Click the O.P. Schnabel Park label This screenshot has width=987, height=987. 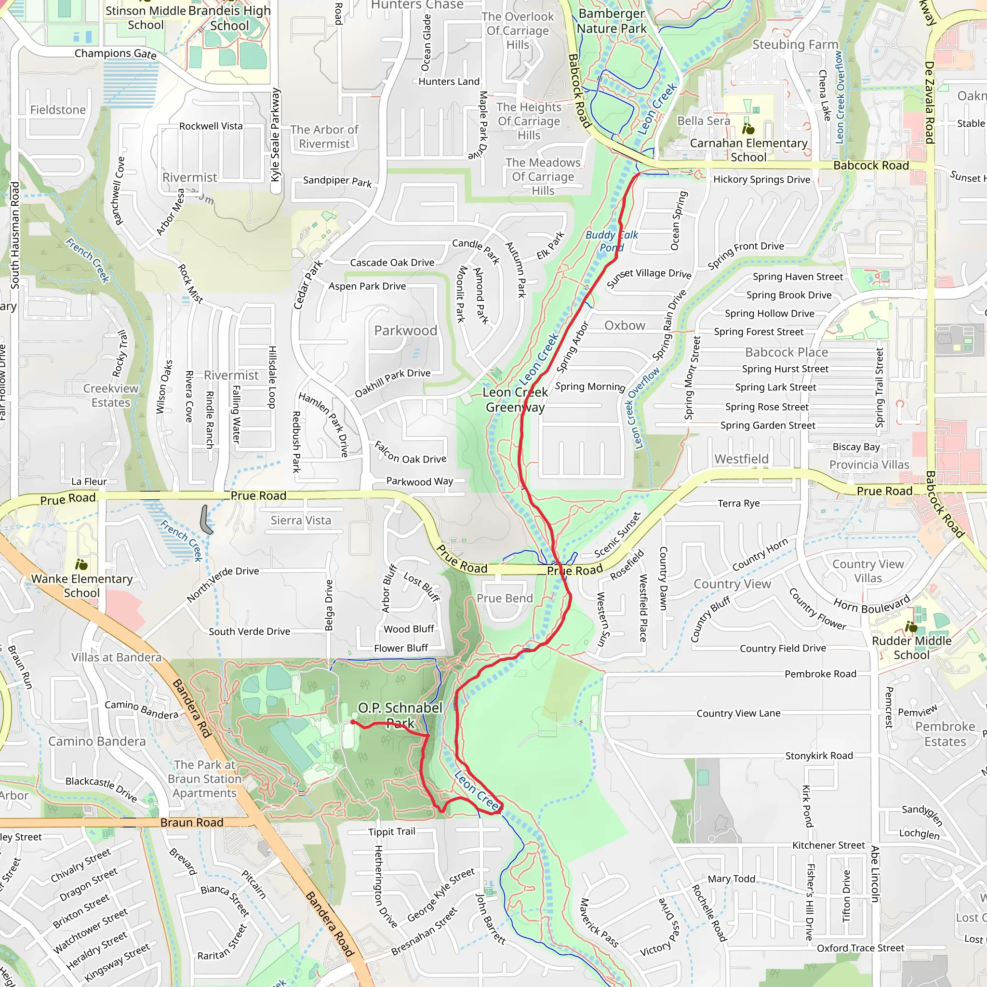400,715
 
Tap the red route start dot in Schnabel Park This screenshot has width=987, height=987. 353,722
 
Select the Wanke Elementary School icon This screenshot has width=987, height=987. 81,564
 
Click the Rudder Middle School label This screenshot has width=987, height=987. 911,648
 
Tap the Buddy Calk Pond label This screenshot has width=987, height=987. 612,241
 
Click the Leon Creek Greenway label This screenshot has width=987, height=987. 515,400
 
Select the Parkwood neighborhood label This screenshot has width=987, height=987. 406,331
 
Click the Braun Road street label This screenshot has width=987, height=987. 192,822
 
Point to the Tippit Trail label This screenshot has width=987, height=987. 392,832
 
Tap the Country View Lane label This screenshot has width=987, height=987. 738,713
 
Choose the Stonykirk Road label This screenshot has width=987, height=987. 819,756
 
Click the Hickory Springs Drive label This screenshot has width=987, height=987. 762,179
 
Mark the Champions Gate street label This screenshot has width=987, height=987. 116,53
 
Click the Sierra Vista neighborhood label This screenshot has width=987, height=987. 301,520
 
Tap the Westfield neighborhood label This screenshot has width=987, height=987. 741,459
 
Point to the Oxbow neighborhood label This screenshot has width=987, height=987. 625,325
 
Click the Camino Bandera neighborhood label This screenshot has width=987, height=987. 97,741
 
